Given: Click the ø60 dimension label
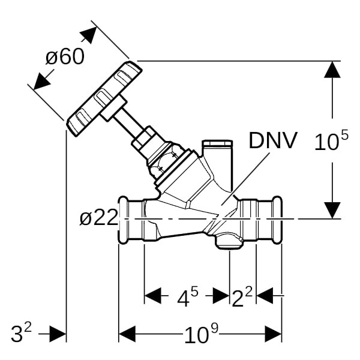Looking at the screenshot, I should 65,57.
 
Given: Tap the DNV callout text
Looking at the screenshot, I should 273,141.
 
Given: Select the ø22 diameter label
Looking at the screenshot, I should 98,218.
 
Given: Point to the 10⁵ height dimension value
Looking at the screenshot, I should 331,142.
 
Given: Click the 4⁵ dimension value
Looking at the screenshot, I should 187,297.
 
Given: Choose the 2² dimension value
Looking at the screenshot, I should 242,297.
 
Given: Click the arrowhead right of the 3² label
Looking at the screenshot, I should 57,334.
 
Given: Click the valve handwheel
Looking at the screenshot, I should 104,98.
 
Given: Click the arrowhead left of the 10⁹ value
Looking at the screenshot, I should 128,334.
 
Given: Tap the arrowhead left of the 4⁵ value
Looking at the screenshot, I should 153,296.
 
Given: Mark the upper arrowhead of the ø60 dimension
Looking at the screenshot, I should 88,35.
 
